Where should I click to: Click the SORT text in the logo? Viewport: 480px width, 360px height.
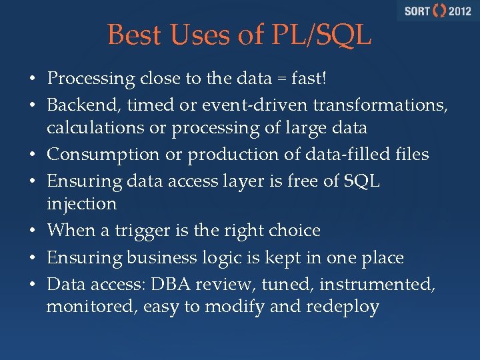(x=417, y=11)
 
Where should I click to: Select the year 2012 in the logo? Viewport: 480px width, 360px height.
(x=459, y=11)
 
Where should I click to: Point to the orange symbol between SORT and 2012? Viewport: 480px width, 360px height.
(x=439, y=11)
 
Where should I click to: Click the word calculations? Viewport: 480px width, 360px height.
(x=93, y=127)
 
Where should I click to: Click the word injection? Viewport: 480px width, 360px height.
(x=81, y=203)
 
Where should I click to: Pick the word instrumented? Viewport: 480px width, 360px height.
(x=377, y=285)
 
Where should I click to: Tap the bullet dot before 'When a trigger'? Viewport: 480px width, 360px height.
(x=32, y=231)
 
